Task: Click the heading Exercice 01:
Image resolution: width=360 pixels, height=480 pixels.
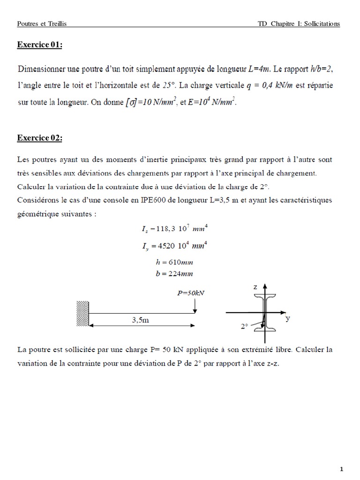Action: [x=39, y=45]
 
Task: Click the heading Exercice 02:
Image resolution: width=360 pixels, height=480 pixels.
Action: [x=39, y=138]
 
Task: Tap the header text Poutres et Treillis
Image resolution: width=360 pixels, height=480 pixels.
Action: [x=41, y=24]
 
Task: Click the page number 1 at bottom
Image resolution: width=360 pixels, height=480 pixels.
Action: [x=342, y=469]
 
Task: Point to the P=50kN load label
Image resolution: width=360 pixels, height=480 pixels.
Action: [x=191, y=293]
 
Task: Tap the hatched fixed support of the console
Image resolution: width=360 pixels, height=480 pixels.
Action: [x=82, y=313]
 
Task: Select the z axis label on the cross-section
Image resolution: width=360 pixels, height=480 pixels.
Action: [x=255, y=286]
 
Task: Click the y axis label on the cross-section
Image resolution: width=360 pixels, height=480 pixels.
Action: [x=287, y=319]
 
